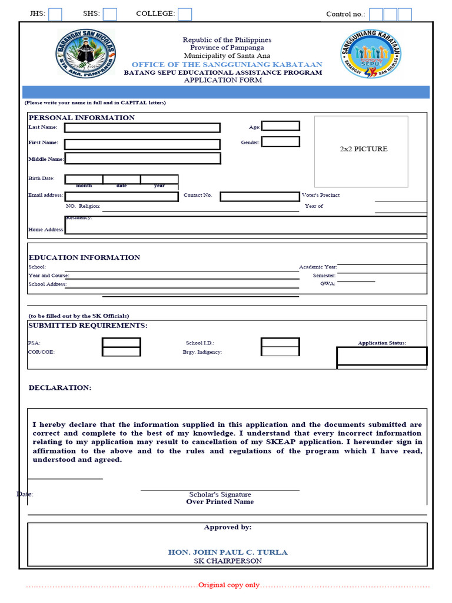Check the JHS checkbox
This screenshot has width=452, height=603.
click(x=55, y=14)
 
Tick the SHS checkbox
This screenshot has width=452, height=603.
click(x=110, y=14)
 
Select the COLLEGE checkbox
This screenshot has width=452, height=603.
click(x=185, y=14)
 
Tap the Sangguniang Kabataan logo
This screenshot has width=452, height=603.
click(x=371, y=55)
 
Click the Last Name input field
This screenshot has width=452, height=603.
click(x=142, y=128)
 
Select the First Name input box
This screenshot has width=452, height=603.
click(x=142, y=144)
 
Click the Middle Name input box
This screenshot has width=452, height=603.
click(x=142, y=158)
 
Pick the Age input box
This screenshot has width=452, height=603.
click(x=280, y=126)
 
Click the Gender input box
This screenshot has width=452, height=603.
click(x=280, y=142)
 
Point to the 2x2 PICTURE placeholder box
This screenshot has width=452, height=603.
click(x=361, y=151)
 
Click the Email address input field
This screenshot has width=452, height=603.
click(x=121, y=197)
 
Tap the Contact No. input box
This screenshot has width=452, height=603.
click(x=260, y=197)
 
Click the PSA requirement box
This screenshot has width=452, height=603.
click(x=121, y=343)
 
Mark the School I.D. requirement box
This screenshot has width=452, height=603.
click(x=280, y=343)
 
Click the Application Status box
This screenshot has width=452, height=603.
click(x=381, y=356)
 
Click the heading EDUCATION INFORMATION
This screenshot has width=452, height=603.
click(x=84, y=257)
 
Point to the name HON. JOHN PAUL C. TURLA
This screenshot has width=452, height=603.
click(x=228, y=552)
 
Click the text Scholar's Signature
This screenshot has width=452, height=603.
click(x=220, y=495)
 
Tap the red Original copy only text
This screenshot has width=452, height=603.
click(x=228, y=585)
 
